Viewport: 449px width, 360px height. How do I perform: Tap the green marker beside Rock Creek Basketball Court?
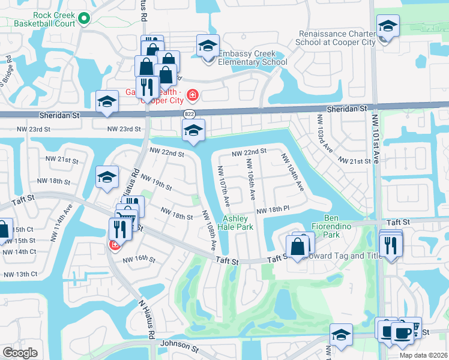pyautogui.click(x=83, y=19)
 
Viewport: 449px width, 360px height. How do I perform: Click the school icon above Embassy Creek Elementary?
pyautogui.click(x=208, y=46)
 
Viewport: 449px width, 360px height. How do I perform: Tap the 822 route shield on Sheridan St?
pyautogui.click(x=190, y=113)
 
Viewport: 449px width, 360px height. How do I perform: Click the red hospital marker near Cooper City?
pyautogui.click(x=192, y=95)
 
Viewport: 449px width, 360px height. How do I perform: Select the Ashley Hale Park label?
pyautogui.click(x=238, y=223)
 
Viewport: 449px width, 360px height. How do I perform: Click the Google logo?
pyautogui.click(x=20, y=353)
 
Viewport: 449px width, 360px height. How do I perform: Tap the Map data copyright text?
pyautogui.click(x=423, y=355)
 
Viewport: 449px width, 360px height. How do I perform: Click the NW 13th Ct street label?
pyautogui.click(x=20, y=274)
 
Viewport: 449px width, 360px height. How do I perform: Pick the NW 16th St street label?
pyautogui.click(x=139, y=260)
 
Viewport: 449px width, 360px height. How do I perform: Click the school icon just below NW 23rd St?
pyautogui.click(x=193, y=130)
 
